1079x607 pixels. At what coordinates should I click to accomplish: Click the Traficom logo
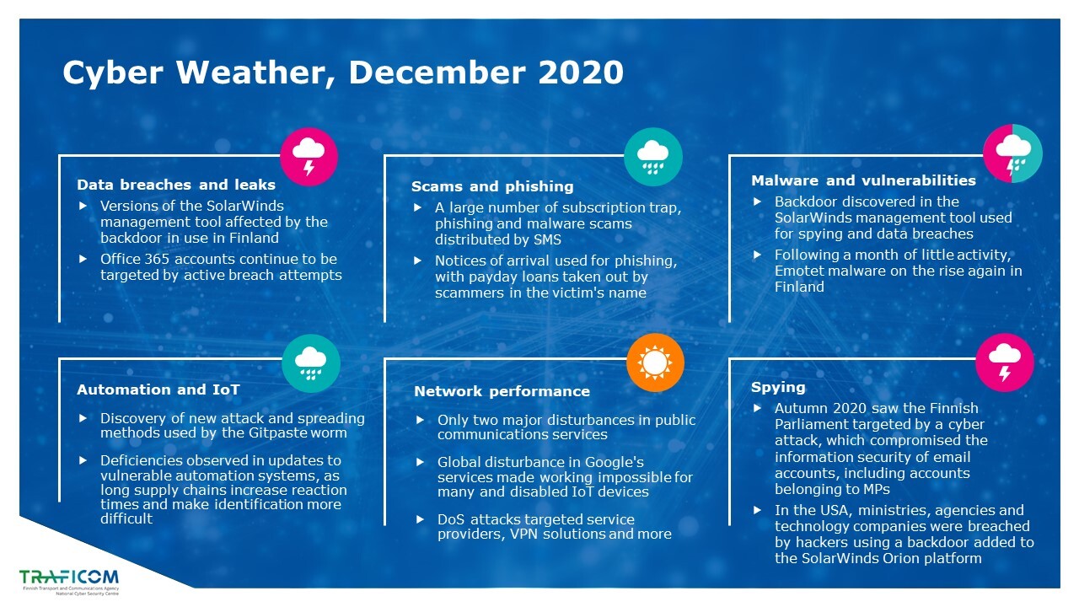point(69,582)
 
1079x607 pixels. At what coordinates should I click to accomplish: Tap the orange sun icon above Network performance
point(655,363)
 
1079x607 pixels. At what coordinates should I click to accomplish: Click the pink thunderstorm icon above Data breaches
point(309,157)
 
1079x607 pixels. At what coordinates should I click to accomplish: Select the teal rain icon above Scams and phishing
point(653,157)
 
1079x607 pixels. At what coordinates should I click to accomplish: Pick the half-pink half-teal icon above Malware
point(1012,153)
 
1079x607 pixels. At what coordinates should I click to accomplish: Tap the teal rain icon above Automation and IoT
point(311,363)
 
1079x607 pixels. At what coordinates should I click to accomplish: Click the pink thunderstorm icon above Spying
point(1005,363)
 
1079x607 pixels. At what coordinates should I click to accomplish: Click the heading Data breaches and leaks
point(176,185)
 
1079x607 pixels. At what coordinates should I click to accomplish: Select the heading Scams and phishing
point(492,186)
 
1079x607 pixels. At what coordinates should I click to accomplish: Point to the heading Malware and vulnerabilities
point(863,180)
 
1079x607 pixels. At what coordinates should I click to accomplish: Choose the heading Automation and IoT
point(158,389)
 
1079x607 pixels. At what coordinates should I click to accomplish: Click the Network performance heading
point(502,391)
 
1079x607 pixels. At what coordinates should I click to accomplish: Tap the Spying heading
point(778,387)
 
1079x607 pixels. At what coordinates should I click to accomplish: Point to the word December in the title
point(437,73)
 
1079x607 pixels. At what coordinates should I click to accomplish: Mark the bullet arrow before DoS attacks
point(420,519)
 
